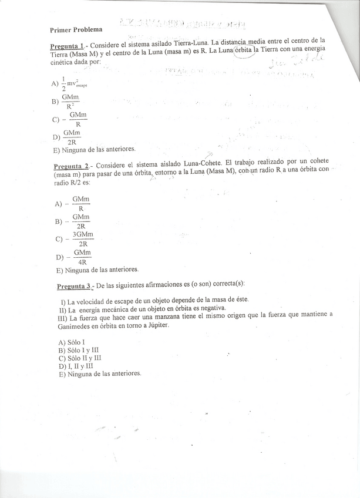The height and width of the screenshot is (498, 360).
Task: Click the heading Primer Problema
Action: tap(76, 29)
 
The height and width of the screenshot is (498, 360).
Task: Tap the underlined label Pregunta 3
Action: tap(74, 286)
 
